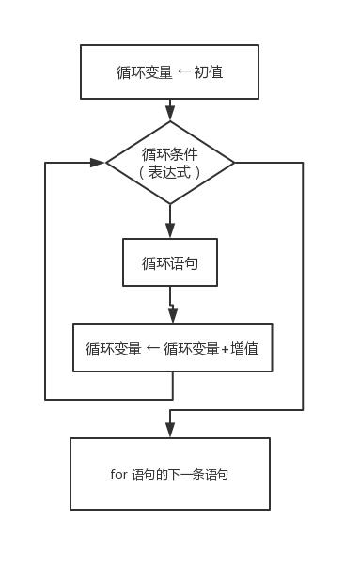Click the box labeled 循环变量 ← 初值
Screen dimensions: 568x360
tap(169, 71)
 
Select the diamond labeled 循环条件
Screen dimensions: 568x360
tap(170, 163)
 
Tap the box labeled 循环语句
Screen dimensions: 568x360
tap(170, 262)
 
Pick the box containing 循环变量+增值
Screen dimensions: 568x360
tap(173, 348)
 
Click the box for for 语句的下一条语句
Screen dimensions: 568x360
tap(170, 474)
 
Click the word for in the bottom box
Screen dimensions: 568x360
tap(118, 474)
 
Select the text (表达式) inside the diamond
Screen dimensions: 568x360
tap(170, 172)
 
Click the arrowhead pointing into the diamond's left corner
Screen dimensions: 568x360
tap(98, 163)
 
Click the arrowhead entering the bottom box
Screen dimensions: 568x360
tap(170, 430)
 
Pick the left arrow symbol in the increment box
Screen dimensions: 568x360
tap(152, 349)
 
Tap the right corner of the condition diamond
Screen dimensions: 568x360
tap(233, 163)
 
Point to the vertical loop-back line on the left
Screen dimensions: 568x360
tap(45, 282)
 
